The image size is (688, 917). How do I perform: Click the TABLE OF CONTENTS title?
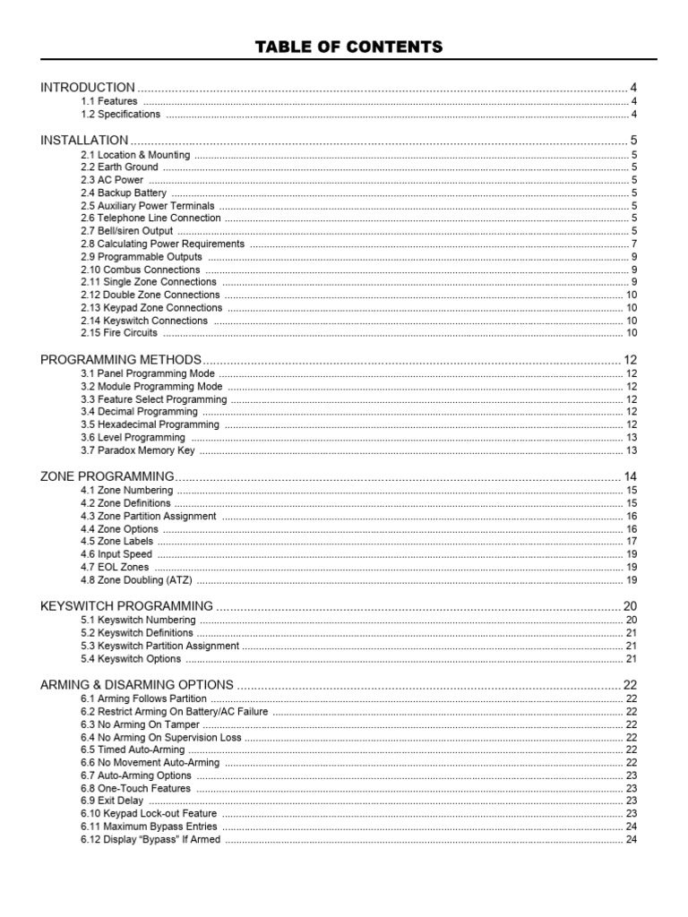348,47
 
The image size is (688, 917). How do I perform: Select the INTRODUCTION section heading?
88,88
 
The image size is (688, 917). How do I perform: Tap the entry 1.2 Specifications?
120,115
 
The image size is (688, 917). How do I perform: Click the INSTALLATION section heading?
84,141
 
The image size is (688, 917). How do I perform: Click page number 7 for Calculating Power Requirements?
633,244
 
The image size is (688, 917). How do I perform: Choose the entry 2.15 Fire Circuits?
118,333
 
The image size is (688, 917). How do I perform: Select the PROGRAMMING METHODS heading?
121,360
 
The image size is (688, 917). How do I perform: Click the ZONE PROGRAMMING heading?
107,476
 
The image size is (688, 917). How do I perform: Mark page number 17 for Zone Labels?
631,542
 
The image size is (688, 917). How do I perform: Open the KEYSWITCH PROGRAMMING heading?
126,606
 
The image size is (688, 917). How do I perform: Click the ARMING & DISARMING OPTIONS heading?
137,685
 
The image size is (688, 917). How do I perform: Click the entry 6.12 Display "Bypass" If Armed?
150,840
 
